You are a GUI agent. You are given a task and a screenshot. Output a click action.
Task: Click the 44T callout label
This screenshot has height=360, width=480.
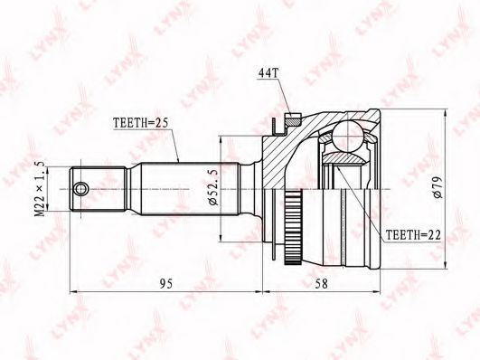268,73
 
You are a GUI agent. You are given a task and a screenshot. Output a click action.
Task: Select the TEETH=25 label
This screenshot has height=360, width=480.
141,123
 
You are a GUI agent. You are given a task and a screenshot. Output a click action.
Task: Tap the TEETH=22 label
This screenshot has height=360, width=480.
413,235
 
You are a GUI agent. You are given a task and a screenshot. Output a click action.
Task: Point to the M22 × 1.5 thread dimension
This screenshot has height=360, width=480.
40,189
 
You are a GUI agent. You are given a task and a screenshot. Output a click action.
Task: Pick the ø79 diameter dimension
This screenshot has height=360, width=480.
438,187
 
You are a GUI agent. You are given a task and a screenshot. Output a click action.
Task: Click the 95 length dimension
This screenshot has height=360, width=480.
166,284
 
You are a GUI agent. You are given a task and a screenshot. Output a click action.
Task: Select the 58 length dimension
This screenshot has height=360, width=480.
322,284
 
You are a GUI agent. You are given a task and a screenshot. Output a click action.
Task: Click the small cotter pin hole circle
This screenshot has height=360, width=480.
80,189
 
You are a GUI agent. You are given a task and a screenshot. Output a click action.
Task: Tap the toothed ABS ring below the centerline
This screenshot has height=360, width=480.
293,227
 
